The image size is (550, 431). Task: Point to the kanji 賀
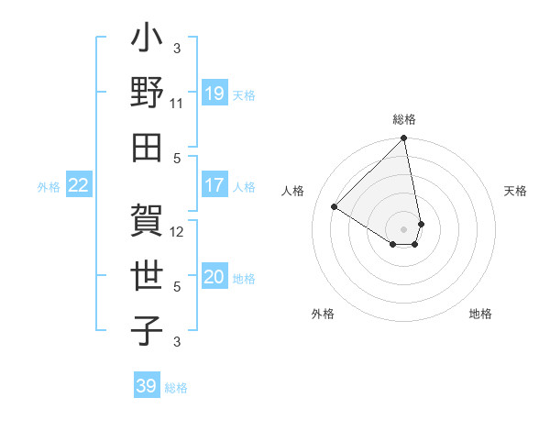(147, 221)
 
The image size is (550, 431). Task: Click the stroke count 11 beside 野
(177, 104)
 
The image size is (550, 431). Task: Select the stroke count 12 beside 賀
(177, 231)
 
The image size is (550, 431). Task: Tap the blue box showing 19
(214, 93)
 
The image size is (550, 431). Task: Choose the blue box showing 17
(214, 185)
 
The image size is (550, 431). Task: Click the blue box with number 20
(214, 278)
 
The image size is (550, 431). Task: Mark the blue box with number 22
(79, 185)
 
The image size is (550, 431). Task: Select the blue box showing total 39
(146, 386)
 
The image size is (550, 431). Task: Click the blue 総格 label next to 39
(176, 388)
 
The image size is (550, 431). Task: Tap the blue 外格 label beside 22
(49, 187)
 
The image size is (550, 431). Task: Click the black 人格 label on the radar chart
(294, 191)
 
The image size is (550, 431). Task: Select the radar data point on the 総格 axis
(403, 139)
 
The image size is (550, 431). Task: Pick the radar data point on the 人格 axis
(335, 207)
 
